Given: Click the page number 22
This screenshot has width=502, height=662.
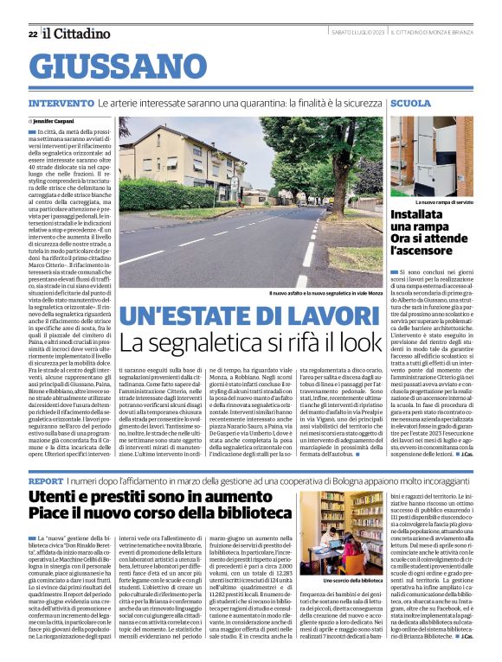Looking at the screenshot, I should (x=32, y=34).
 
